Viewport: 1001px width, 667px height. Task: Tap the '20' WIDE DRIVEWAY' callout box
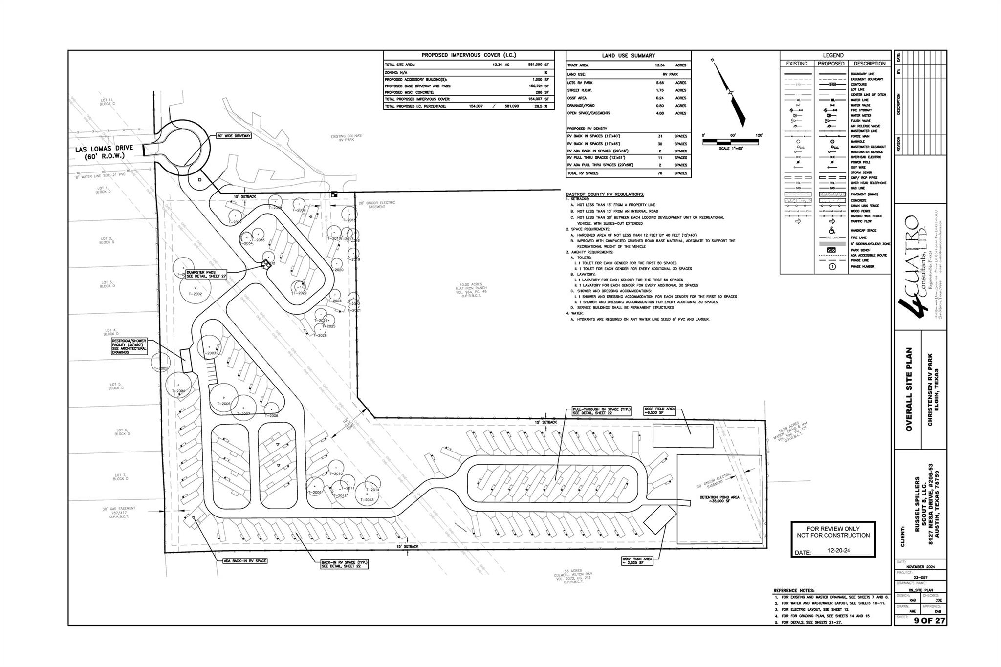click(x=233, y=136)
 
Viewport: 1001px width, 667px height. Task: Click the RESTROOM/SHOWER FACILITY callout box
click(x=129, y=346)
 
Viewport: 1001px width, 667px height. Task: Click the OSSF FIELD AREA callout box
click(x=659, y=411)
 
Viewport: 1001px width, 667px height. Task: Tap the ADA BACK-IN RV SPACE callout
click(x=245, y=561)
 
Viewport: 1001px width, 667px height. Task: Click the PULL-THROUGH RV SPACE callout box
click(x=602, y=411)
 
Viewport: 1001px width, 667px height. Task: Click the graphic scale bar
click(x=731, y=142)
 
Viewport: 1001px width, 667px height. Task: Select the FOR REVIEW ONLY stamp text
click(x=833, y=532)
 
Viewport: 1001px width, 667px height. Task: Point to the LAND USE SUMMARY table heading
click(x=628, y=55)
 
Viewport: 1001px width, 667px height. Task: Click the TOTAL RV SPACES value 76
click(x=659, y=173)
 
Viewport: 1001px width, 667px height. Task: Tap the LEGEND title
click(x=833, y=55)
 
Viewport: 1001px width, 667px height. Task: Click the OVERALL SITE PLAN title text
click(x=909, y=389)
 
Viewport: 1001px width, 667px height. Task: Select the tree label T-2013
click(x=367, y=500)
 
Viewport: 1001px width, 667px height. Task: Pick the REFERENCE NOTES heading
click(x=794, y=590)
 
